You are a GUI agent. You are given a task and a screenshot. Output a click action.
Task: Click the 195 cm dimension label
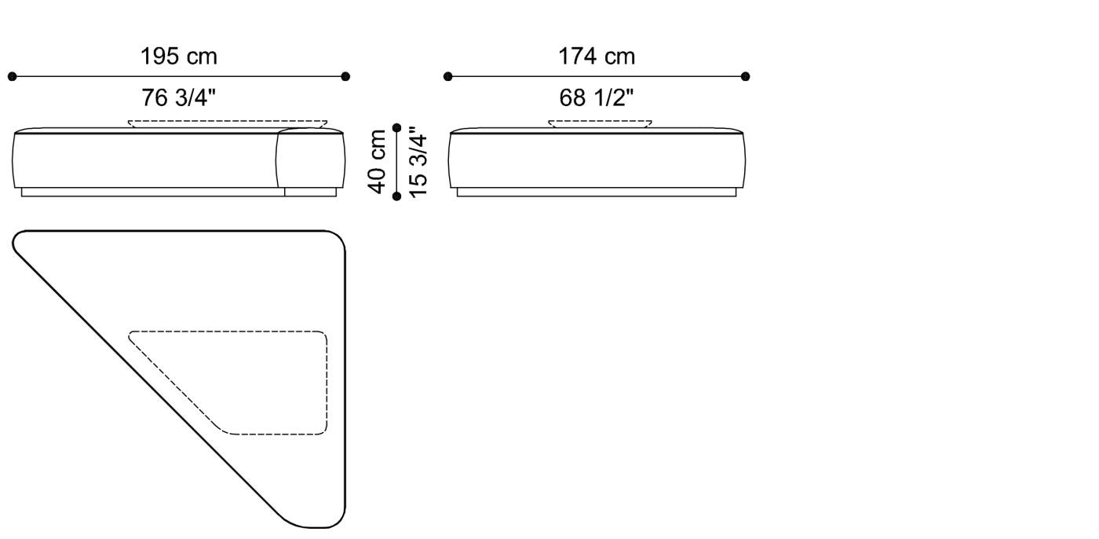[178, 57]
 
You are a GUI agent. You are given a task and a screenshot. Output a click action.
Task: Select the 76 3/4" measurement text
[178, 97]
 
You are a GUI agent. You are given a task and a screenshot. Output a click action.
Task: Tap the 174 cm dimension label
[597, 57]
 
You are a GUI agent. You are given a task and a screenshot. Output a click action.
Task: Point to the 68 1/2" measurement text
[597, 97]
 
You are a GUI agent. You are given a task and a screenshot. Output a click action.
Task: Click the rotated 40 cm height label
[378, 161]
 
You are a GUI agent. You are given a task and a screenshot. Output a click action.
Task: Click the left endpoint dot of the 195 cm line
[12, 76]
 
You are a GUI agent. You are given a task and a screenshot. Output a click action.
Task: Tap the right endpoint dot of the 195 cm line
[345, 76]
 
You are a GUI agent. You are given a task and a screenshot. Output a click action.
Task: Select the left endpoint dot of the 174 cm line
[447, 76]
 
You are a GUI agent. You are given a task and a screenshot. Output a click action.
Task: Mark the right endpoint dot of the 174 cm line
[745, 76]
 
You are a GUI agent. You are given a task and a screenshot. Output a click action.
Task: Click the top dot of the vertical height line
[396, 127]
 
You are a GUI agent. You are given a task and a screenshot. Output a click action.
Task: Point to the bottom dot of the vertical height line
[396, 196]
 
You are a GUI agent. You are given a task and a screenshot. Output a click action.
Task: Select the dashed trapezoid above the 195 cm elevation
[228, 123]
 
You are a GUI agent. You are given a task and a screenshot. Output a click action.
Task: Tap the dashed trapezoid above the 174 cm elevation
[600, 123]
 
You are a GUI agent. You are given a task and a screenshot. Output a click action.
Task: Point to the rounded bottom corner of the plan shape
[322, 522]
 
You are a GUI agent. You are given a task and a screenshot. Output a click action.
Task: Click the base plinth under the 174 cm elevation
[597, 192]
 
